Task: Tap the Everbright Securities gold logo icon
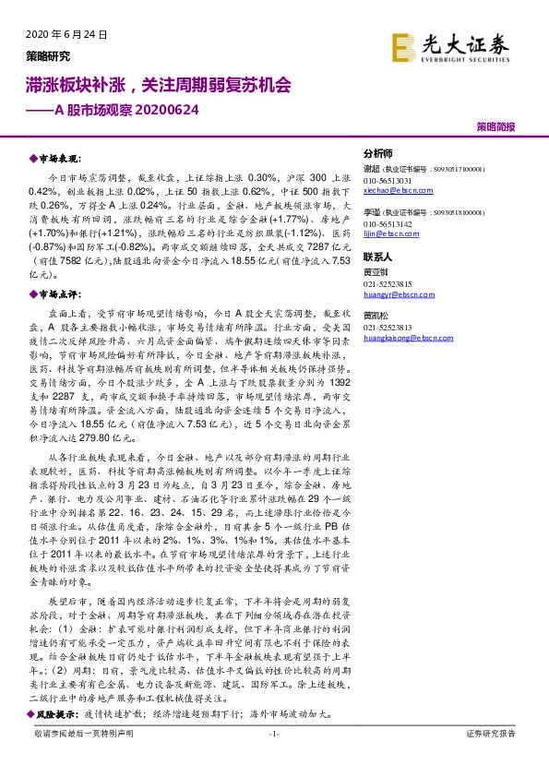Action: click(403, 46)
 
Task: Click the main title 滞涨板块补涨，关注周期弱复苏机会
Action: click(157, 86)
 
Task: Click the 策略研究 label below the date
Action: click(47, 55)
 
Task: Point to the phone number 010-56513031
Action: click(389, 180)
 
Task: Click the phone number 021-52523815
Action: click(389, 284)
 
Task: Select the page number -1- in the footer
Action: click(273, 733)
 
